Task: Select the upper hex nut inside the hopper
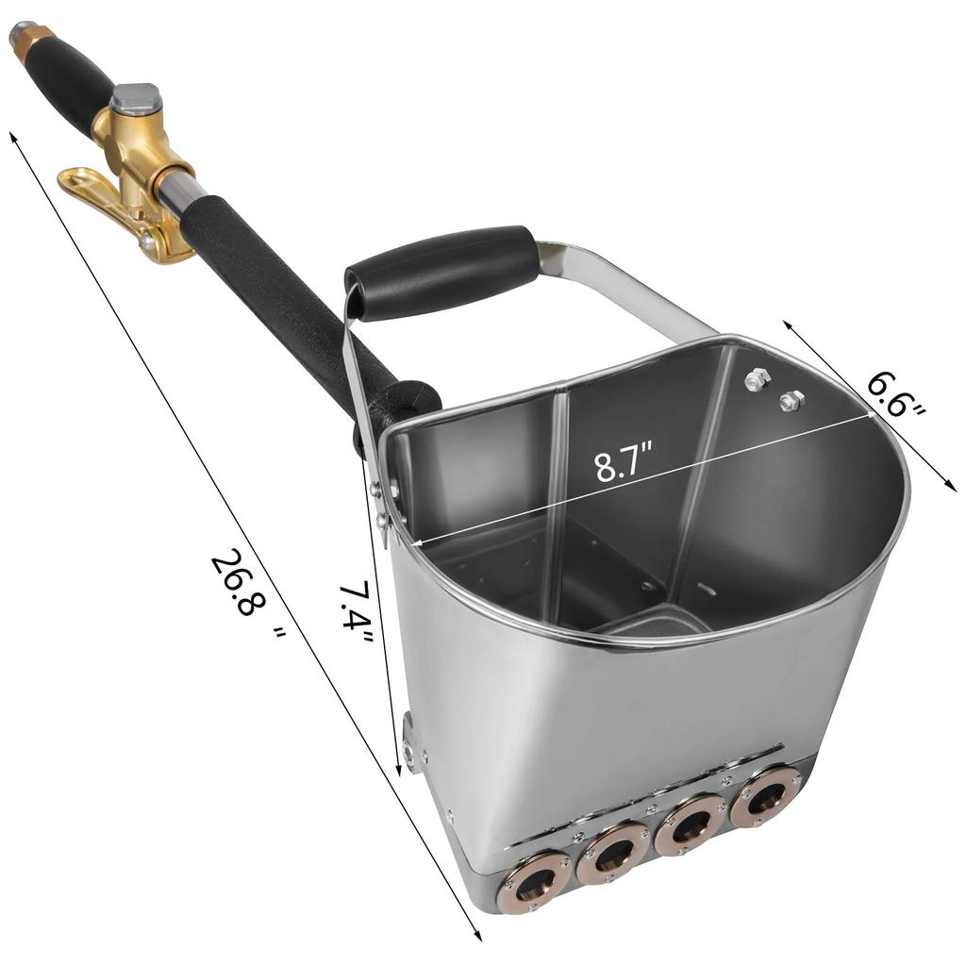(x=756, y=379)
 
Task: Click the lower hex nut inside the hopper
(x=791, y=400)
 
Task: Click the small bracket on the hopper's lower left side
(x=409, y=742)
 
